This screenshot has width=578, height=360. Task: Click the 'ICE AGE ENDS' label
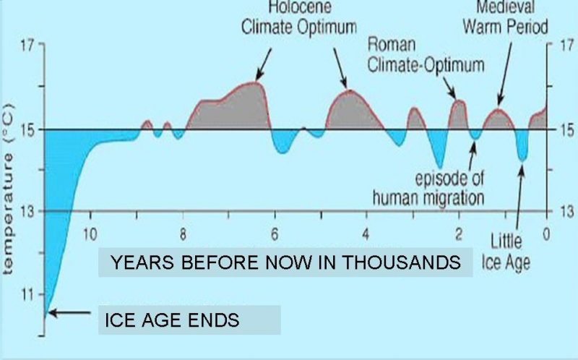click(172, 320)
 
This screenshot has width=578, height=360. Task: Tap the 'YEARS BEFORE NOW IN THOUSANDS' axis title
click(285, 262)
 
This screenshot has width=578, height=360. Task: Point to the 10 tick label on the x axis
click(90, 233)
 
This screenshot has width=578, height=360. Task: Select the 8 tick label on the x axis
click(183, 233)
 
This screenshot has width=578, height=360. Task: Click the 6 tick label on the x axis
click(275, 233)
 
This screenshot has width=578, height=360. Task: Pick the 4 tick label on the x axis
click(366, 233)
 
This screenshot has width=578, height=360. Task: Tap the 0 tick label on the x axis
click(546, 233)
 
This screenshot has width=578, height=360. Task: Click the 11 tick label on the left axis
click(27, 295)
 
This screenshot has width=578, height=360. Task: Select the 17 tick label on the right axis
click(566, 46)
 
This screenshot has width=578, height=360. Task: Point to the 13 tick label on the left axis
click(27, 212)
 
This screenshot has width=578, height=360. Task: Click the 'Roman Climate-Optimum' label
click(426, 55)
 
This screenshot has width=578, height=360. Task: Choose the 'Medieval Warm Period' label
click(505, 17)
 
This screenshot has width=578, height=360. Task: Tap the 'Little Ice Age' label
click(506, 252)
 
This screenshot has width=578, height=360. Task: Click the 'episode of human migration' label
click(428, 188)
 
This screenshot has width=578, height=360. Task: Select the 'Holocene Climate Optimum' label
click(299, 17)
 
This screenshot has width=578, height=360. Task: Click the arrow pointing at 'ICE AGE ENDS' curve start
click(69, 313)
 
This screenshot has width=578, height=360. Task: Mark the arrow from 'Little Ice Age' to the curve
click(519, 199)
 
